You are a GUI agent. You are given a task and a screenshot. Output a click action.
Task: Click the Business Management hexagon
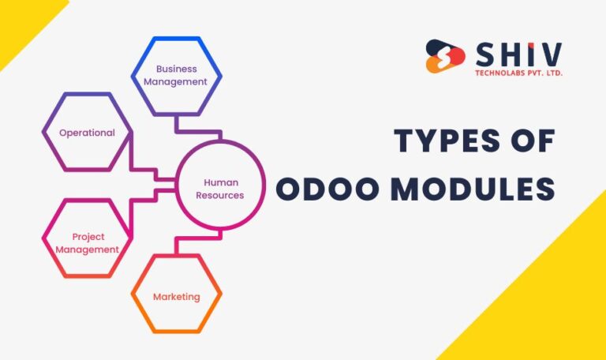176,76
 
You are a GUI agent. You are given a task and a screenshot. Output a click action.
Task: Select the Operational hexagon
87,133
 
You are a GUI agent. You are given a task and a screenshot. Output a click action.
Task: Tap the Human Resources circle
219,189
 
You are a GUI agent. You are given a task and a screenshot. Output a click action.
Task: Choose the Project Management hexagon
87,243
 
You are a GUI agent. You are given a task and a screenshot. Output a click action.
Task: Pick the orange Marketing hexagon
176,297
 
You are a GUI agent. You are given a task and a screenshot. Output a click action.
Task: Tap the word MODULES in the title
472,189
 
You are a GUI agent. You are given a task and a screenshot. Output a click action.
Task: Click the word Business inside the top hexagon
176,69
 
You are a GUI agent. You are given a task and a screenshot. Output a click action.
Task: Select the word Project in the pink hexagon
88,237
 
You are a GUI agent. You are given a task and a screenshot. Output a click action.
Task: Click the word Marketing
176,297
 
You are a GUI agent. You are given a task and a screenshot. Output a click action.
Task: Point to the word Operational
87,133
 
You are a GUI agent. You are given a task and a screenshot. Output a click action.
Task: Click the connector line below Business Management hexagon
176,123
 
